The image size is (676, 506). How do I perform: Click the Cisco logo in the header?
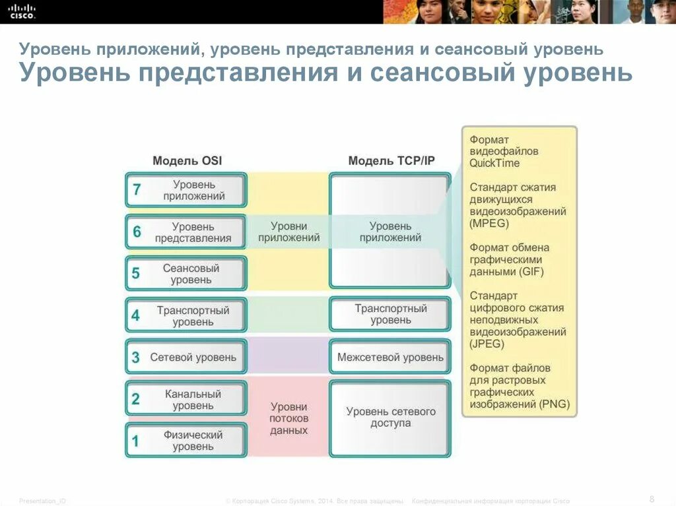[22, 11]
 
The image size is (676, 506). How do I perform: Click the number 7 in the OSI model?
[137, 190]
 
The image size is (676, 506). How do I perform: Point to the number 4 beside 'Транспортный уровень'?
[135, 315]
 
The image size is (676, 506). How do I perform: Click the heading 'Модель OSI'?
[187, 160]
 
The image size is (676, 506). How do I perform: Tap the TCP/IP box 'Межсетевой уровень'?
[390, 357]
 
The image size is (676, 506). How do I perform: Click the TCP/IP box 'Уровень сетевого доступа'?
[391, 417]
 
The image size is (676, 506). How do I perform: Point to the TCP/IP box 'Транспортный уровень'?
[391, 314]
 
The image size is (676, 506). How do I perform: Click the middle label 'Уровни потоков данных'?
[288, 418]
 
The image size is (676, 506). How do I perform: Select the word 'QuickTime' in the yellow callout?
[494, 163]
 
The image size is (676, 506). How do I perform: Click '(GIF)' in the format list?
[528, 271]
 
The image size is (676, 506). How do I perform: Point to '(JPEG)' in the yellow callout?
[487, 344]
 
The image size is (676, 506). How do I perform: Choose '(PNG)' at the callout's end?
[554, 404]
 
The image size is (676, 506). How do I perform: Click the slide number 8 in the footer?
[652, 497]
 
